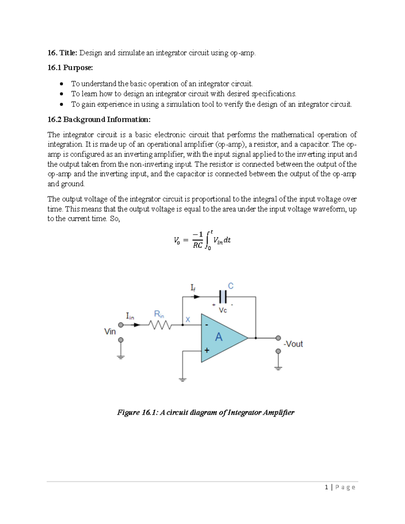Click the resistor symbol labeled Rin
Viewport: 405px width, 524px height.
coord(162,325)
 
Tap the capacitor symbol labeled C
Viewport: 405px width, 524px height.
coord(223,297)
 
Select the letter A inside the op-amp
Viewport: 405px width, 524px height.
coord(219,337)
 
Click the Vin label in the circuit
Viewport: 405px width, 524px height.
coord(110,332)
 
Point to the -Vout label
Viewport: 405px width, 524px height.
coord(293,344)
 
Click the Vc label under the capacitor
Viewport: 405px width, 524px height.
coord(223,310)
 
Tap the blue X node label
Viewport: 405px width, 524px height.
coord(188,319)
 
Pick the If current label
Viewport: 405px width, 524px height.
coord(193,288)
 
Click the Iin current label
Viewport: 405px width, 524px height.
coord(130,316)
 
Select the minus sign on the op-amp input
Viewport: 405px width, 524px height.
coord(207,325)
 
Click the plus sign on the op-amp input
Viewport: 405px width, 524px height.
coord(207,351)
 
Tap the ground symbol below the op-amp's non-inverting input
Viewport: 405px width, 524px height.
coord(183,380)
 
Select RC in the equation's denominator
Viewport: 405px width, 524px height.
coord(197,245)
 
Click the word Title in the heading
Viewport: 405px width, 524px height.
coord(68,53)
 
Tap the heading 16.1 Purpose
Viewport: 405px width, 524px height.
coord(70,68)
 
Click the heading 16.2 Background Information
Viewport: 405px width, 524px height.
coord(99,119)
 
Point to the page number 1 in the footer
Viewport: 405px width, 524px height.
coord(326,487)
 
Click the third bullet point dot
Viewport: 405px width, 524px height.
coord(61,104)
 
